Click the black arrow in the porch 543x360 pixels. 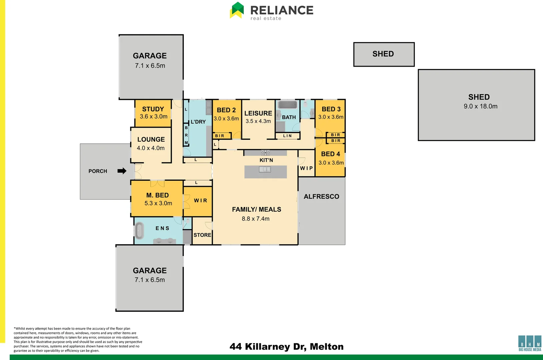click(122, 171)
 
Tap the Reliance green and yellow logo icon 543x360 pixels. click(237, 10)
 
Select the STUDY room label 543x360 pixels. click(153, 109)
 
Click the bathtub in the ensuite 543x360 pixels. click(139, 231)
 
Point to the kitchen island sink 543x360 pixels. click(265, 169)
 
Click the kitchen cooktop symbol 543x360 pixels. click(265, 153)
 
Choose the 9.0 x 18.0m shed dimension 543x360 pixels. click(480, 106)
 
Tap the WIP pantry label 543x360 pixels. click(306, 168)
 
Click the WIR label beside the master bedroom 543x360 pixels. click(200, 200)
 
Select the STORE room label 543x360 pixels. click(202, 235)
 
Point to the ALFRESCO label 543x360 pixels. click(321, 197)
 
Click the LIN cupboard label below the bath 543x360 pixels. click(287, 136)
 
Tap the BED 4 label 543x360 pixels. click(331, 154)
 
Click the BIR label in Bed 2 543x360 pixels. click(220, 136)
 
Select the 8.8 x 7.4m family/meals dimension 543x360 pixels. click(255, 219)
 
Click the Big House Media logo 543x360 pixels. click(530, 343)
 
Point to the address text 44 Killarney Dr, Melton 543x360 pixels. click(287, 347)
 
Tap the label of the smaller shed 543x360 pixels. click(383, 54)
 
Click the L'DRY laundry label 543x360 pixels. click(198, 122)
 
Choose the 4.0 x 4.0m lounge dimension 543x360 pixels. click(150, 148)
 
